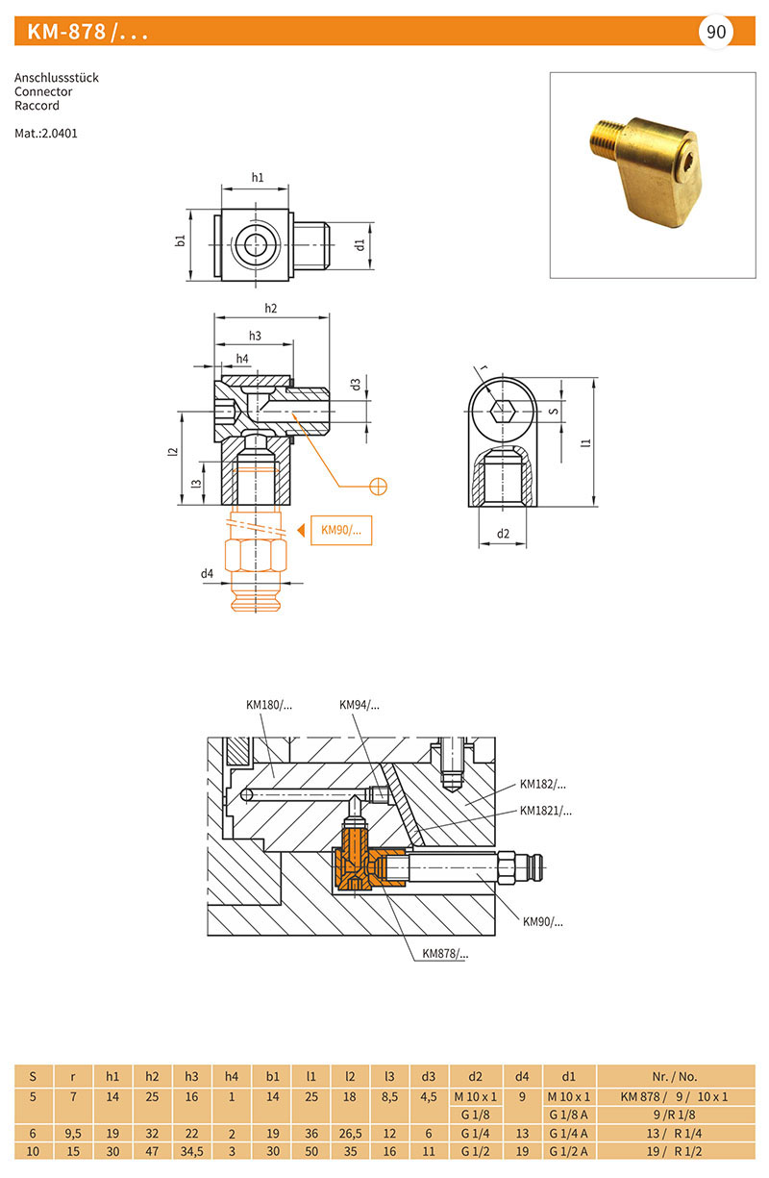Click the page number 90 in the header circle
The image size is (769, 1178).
(x=715, y=32)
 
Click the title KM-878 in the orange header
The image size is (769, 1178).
(x=66, y=32)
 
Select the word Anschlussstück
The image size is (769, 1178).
(x=57, y=78)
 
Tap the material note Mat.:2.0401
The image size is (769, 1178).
(x=46, y=134)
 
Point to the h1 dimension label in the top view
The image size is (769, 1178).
(x=258, y=177)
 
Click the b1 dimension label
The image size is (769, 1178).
(x=181, y=240)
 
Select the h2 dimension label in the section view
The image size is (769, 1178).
(x=271, y=308)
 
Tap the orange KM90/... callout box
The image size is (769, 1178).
(x=341, y=530)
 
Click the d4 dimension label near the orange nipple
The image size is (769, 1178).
(x=207, y=573)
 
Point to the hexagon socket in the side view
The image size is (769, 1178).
(x=502, y=411)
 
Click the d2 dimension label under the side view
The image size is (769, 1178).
(x=503, y=534)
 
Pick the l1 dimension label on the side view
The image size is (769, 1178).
(x=586, y=442)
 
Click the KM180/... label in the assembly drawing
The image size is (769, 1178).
(x=268, y=705)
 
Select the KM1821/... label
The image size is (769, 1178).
(x=546, y=811)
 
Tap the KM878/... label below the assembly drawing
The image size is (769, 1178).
(x=445, y=953)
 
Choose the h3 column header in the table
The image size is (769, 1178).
(x=191, y=1076)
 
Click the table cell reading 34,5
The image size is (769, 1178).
(x=192, y=1152)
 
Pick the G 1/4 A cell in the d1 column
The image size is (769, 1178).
(x=569, y=1134)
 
